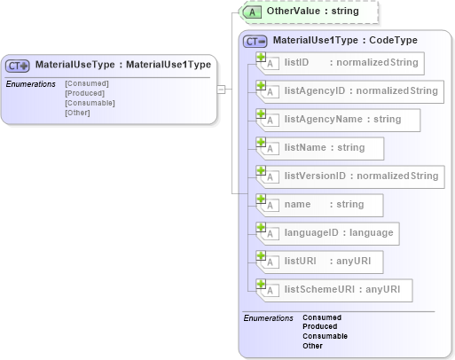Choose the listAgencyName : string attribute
(x=342, y=119)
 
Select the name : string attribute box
(x=324, y=204)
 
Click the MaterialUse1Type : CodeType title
(x=344, y=40)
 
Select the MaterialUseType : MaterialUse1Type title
(x=122, y=65)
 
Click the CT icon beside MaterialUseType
(x=18, y=65)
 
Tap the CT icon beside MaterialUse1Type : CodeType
(x=255, y=40)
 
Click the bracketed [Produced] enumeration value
(x=84, y=93)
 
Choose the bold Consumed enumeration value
(x=322, y=317)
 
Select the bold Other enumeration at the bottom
(x=312, y=346)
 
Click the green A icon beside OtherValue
(x=252, y=12)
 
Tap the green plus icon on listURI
(x=261, y=255)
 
